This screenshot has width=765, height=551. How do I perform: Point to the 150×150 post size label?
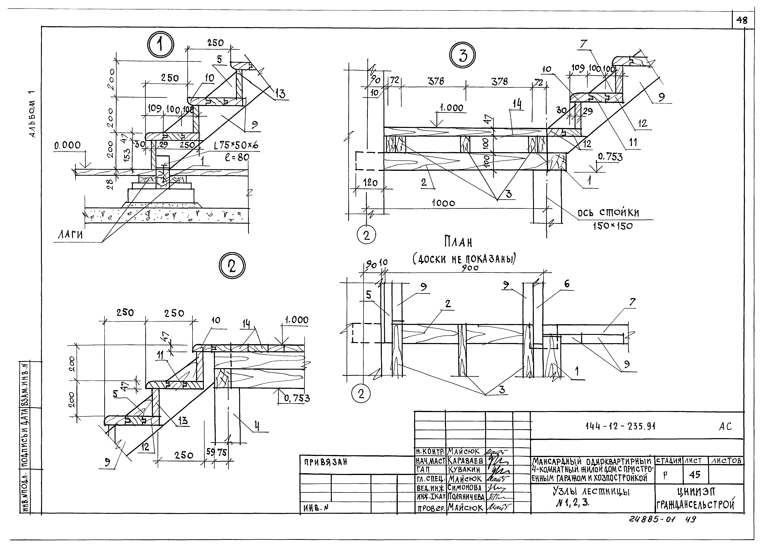(613, 226)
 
